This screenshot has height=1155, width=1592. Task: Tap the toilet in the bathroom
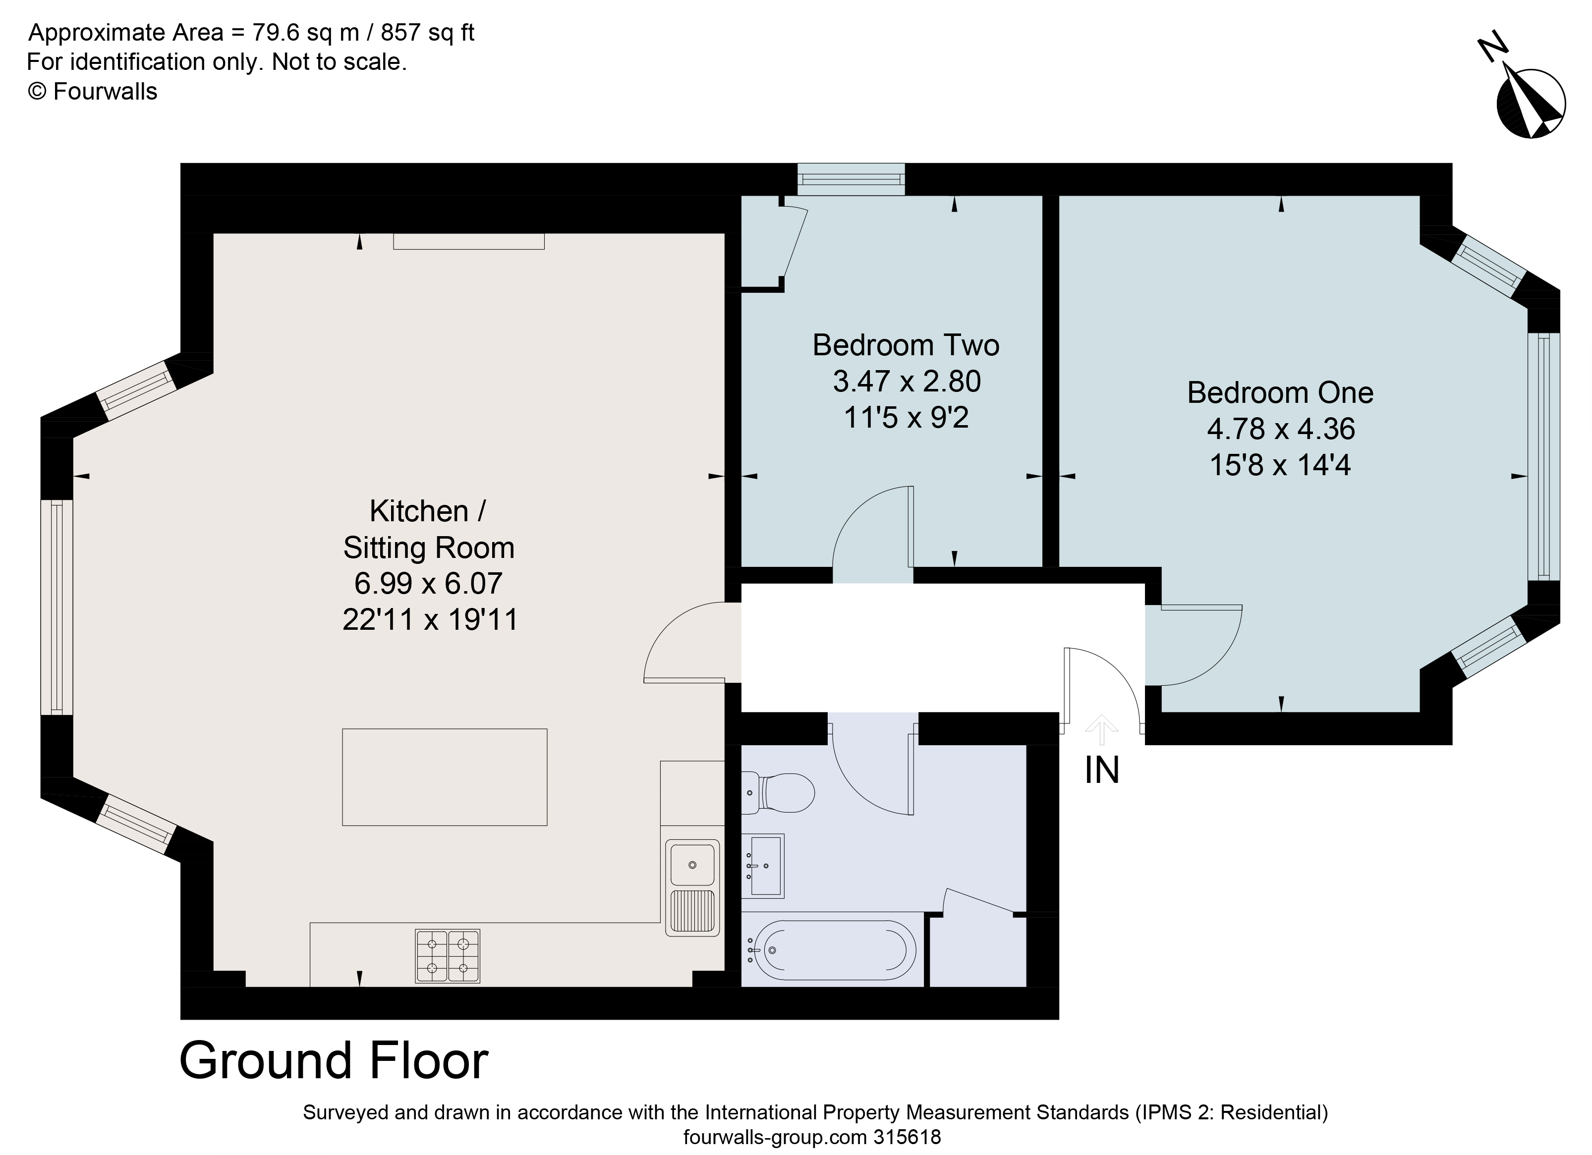pos(778,793)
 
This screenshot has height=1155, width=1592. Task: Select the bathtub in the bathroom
pos(832,950)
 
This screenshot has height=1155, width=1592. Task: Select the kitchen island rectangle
pos(444,777)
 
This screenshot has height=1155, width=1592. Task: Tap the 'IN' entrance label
pos(1101,770)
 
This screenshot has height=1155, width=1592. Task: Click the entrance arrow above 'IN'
pos(1101,730)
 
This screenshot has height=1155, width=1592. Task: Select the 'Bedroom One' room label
pos(1280,393)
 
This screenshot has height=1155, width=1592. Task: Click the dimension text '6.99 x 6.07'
pos(428,584)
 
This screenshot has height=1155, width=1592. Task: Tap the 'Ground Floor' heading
pos(334,1060)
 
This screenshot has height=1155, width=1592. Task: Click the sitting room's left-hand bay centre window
pos(57,607)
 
